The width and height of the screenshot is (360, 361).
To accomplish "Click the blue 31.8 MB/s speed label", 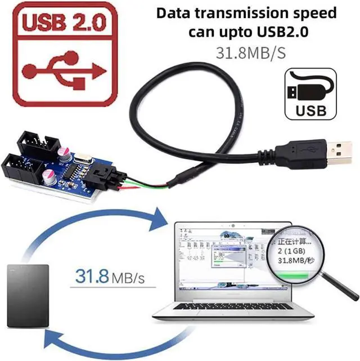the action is [110, 278].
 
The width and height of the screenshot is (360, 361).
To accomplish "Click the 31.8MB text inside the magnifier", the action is [289, 260].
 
